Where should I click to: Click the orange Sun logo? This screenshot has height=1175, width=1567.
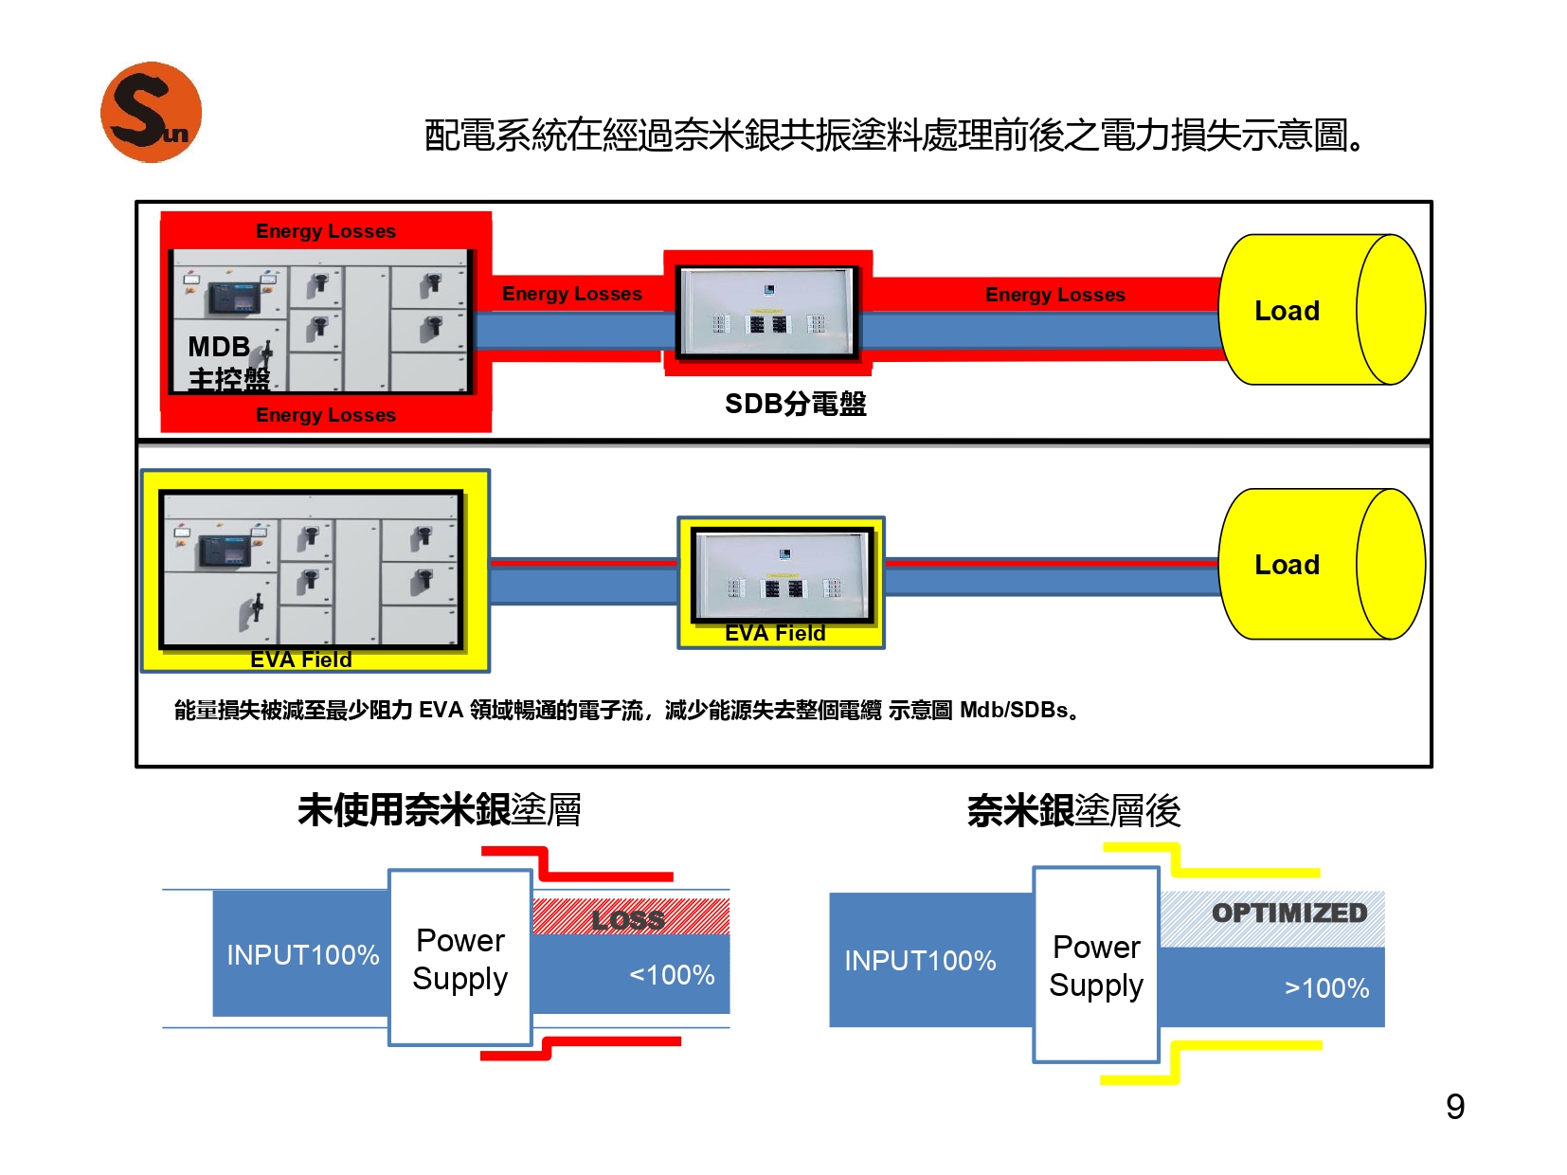coord(151,112)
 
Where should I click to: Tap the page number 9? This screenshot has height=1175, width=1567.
coord(1454,1106)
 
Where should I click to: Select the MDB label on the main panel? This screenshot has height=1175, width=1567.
coord(219,347)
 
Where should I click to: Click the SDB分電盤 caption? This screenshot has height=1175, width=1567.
coord(795,404)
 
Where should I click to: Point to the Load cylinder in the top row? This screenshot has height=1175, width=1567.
coord(1320,309)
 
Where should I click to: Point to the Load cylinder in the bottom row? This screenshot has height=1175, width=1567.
coord(1320,563)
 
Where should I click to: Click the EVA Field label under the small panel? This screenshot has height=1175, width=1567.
coord(775,632)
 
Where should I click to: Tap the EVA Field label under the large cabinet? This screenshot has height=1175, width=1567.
coord(300,659)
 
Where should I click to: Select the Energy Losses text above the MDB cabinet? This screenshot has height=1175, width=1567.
coord(326,230)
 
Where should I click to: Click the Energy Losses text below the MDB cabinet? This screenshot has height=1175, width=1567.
coord(326,414)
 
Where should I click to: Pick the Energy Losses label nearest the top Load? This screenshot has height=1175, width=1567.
coord(1054,294)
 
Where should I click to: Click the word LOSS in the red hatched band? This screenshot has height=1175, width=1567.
coord(628,919)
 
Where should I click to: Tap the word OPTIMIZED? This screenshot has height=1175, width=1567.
coord(1288,913)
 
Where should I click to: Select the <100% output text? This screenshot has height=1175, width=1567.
coord(671,974)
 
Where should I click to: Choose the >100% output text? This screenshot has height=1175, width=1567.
coord(1326,988)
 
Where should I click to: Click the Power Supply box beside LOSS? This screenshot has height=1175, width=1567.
coord(459,957)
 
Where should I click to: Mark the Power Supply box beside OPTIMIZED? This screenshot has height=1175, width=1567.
coord(1096,965)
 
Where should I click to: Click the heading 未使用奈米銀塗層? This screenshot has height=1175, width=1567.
coord(439,810)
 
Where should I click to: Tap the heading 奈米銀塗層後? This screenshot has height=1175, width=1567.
coord(1073,810)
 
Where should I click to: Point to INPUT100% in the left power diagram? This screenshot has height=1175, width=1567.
coord(302,954)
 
